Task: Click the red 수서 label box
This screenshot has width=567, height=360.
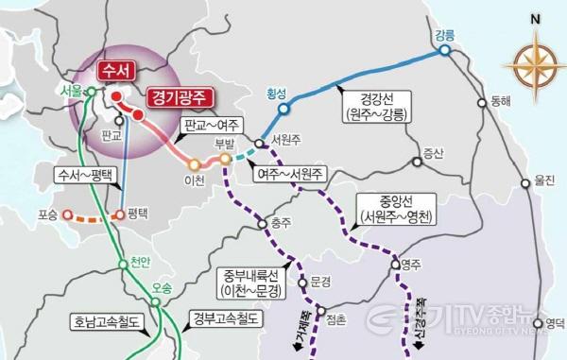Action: point(121,72)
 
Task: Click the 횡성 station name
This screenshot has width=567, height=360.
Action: point(276,94)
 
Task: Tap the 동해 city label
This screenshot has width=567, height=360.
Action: point(500,102)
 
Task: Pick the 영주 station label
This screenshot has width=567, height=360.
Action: point(410,266)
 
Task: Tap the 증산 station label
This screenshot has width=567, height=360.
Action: point(433,151)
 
